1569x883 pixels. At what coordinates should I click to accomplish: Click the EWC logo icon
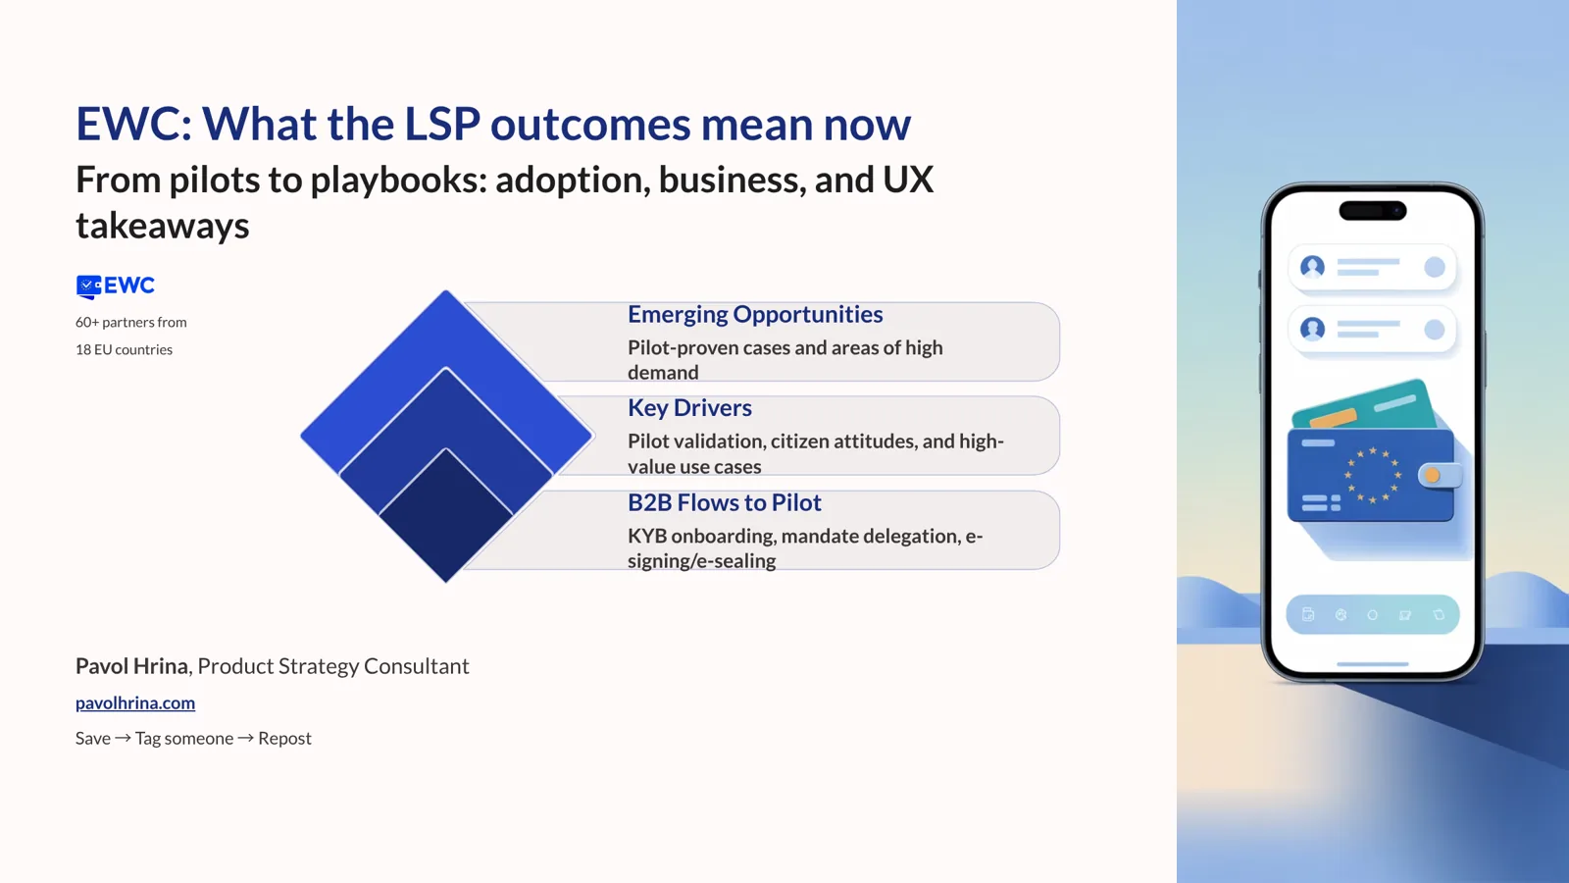(x=89, y=286)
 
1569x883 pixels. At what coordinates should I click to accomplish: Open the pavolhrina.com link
(x=135, y=702)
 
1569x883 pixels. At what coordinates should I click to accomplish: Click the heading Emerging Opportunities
(x=755, y=314)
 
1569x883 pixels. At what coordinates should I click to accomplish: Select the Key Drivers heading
(x=689, y=407)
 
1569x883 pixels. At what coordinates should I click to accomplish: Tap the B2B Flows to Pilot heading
(x=724, y=502)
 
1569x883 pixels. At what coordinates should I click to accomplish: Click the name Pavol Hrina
(x=131, y=666)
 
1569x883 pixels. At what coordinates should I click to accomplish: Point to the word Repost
(x=284, y=738)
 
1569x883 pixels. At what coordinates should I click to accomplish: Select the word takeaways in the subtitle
(x=163, y=226)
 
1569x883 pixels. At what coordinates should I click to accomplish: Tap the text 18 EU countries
(x=124, y=349)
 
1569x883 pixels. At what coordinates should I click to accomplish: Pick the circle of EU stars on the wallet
(x=1373, y=475)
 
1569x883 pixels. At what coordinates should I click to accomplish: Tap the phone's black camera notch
(x=1372, y=210)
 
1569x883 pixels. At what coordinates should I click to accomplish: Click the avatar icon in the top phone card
(x=1312, y=267)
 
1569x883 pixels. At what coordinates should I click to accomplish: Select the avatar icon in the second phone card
(x=1312, y=329)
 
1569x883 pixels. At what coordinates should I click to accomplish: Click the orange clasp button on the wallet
(x=1434, y=476)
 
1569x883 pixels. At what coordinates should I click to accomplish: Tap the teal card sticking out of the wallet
(x=1392, y=402)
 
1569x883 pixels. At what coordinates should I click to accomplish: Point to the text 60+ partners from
(x=130, y=322)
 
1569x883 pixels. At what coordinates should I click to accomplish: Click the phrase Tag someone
(x=184, y=738)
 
